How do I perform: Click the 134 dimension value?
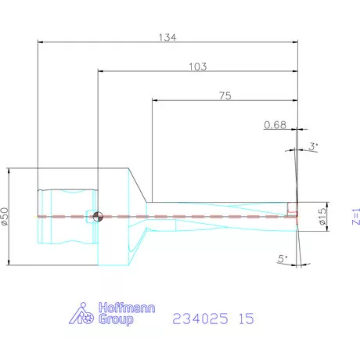[167, 37]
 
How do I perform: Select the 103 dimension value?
[197, 67]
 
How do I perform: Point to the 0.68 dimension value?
[275, 124]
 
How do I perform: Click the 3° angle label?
[313, 146]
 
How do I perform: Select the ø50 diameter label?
[5, 217]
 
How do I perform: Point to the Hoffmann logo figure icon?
[82, 315]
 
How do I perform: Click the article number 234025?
[200, 319]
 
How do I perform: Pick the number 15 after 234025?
[247, 319]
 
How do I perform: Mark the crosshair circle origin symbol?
[96, 217]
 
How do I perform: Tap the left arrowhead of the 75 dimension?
[154, 101]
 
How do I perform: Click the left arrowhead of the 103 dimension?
[99, 71]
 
